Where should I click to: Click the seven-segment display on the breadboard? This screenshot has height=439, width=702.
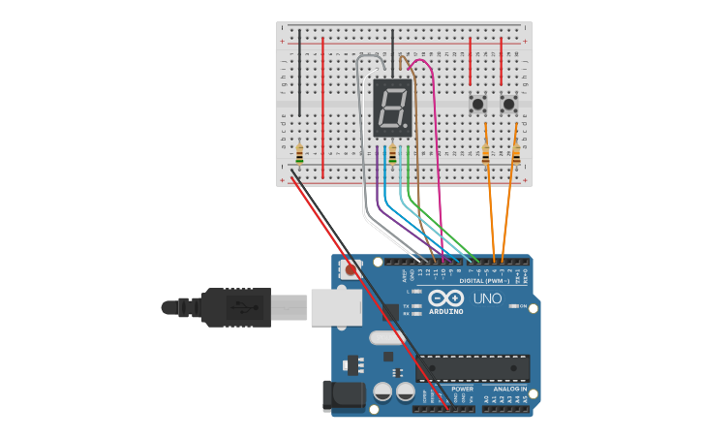[392, 107]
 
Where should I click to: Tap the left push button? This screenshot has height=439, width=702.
[477, 103]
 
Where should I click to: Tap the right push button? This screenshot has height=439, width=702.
[508, 103]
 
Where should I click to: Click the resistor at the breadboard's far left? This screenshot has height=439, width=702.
[299, 153]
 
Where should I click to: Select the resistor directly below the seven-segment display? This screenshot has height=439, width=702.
[393, 153]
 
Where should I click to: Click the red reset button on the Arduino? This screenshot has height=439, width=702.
[349, 270]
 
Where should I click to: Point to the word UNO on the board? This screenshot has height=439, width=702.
[487, 298]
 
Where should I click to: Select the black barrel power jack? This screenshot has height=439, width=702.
[344, 394]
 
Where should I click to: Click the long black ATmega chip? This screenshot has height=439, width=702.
[473, 368]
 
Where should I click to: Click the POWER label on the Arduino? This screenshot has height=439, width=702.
[462, 389]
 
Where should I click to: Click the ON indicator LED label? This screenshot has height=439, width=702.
[523, 306]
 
